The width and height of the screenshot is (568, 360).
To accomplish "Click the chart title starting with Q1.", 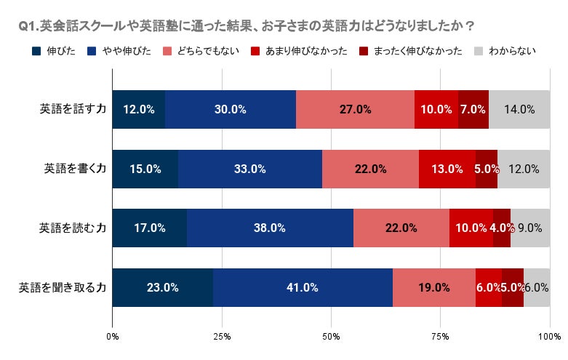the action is tap(246, 26).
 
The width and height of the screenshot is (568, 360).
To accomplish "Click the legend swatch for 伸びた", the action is tap(36, 51).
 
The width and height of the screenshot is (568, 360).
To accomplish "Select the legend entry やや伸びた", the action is tap(119, 51).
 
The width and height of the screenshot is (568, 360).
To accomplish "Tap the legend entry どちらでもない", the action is tap(201, 51).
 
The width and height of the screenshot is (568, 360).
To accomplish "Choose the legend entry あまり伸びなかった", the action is tap(299, 51).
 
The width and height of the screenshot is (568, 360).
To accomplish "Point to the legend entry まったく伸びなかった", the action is tap(410, 51).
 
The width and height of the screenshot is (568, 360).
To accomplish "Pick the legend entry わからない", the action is tap(505, 51).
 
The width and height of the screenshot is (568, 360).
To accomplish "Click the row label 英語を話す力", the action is tap(73, 108).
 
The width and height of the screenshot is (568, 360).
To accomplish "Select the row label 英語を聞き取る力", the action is tap(63, 287).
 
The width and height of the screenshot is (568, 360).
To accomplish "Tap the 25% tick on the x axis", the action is tap(222, 337).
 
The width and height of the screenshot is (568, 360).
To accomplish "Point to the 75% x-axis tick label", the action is tap(441, 337).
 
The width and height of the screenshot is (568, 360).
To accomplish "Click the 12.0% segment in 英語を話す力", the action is tap(139, 109).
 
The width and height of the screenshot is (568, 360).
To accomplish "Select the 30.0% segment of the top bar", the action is tap(231, 109).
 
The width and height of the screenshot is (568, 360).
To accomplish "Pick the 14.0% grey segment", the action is tap(519, 109).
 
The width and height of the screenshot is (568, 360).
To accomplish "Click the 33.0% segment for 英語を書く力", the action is tap(250, 169).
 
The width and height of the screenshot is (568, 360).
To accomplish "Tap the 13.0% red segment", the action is tap(447, 169).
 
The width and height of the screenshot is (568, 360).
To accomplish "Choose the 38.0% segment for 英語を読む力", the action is tap(271, 228).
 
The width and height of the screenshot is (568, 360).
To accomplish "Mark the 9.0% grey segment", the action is tap(530, 228).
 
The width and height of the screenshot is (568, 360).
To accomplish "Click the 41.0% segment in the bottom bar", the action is tap(303, 287).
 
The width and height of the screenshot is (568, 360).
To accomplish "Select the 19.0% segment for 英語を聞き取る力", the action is tap(434, 287).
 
